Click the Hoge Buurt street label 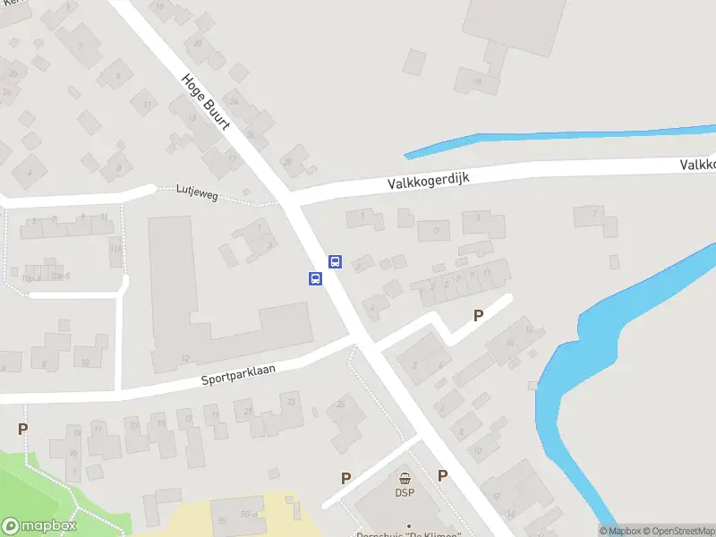(205, 100)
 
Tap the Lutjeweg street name (197, 190)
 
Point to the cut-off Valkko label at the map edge (697, 165)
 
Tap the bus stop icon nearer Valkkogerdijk (335, 262)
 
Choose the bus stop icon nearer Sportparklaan (315, 278)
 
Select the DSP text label (405, 492)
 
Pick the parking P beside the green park (22, 429)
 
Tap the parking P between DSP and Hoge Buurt (442, 475)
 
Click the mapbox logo (39, 526)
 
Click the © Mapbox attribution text (619, 531)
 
